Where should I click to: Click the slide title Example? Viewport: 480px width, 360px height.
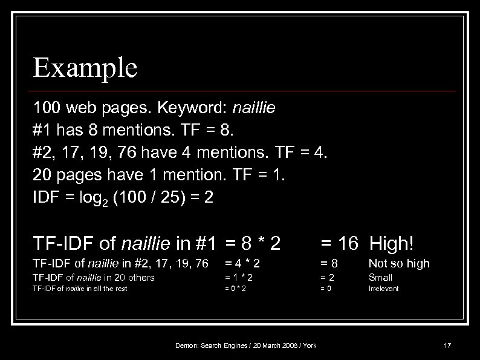85,68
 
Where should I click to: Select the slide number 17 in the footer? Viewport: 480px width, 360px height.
447,345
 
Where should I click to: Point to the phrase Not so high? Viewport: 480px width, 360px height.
399,263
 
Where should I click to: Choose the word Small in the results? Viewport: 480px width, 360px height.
380,278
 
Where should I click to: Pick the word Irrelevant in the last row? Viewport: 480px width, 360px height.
384,289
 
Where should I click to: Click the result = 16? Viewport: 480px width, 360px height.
340,243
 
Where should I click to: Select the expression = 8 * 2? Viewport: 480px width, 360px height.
253,243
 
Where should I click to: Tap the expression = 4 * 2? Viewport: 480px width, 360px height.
242,263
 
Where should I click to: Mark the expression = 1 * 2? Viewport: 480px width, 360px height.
239,278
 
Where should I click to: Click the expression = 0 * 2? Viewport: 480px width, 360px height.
235,289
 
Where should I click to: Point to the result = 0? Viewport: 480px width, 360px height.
326,289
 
